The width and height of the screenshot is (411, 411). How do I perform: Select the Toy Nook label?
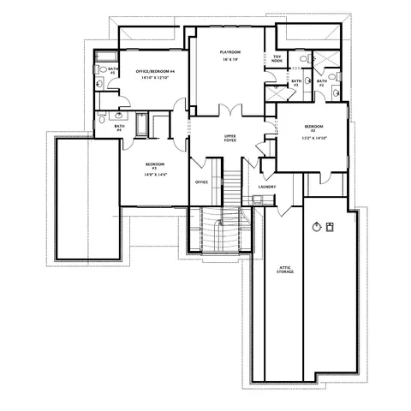(277, 59)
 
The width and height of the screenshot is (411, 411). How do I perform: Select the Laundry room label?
(265, 187)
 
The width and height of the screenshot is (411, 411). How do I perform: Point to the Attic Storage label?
(286, 270)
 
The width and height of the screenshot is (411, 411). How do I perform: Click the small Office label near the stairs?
(202, 182)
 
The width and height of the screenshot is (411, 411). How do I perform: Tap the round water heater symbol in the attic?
(317, 226)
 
